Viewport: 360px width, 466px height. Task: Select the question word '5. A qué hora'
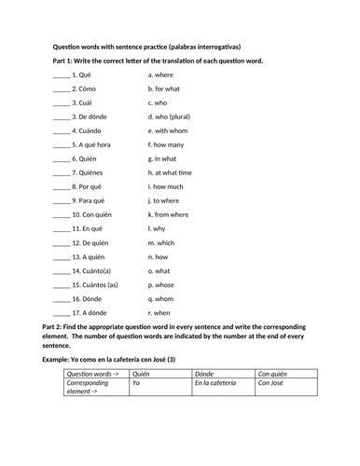click(94, 144)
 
